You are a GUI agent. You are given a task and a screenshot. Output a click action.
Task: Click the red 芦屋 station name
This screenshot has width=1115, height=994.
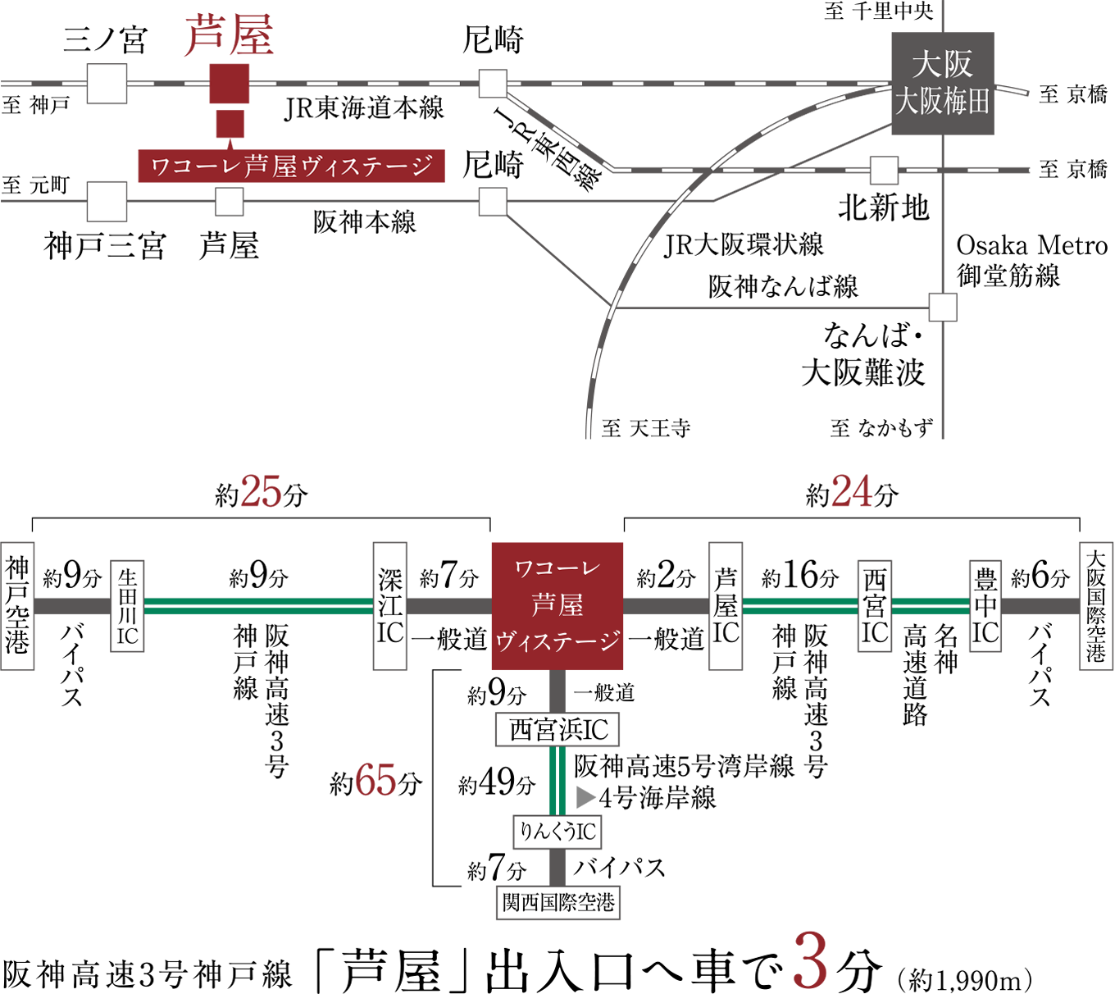click(x=228, y=37)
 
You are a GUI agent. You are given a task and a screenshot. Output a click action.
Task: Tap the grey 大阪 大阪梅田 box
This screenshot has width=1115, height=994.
click(x=942, y=84)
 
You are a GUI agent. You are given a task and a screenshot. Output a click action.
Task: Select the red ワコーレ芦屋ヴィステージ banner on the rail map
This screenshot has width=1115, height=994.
click(x=291, y=166)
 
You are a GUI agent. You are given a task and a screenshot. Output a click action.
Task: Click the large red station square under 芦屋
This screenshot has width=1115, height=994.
click(x=230, y=84)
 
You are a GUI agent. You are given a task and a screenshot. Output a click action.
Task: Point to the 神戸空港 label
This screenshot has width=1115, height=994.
click(x=17, y=606)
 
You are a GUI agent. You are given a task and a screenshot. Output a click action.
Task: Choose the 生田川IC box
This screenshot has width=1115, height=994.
click(x=127, y=606)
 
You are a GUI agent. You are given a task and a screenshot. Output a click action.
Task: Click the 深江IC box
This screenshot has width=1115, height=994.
click(x=389, y=606)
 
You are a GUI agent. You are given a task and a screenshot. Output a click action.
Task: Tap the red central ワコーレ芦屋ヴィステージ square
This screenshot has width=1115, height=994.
click(x=557, y=606)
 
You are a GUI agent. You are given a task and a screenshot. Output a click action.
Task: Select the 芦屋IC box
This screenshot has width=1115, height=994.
click(x=726, y=606)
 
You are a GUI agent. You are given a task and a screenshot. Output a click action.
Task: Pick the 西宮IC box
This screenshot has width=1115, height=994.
click(x=875, y=606)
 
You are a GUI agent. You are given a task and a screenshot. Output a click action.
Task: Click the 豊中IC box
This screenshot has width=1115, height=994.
click(x=985, y=606)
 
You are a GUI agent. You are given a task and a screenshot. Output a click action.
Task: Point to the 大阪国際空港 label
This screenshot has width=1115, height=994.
click(x=1096, y=606)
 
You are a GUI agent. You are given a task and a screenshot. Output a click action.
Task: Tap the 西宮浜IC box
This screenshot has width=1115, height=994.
click(x=557, y=730)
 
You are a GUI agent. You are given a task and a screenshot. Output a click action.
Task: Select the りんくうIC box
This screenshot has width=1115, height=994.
click(x=557, y=832)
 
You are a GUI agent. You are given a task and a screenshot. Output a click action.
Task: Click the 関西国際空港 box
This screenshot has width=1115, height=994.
click(x=557, y=902)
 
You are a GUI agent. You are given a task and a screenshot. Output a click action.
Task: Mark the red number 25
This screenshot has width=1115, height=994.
click(x=261, y=492)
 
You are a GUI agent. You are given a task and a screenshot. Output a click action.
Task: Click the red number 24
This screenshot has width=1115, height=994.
click(x=852, y=492)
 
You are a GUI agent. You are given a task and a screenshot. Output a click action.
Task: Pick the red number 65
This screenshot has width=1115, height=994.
click(x=375, y=780)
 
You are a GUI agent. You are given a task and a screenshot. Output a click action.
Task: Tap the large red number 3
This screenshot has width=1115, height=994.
click(x=810, y=960)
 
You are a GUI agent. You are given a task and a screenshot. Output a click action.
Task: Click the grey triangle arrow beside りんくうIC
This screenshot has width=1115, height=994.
click(x=585, y=797)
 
